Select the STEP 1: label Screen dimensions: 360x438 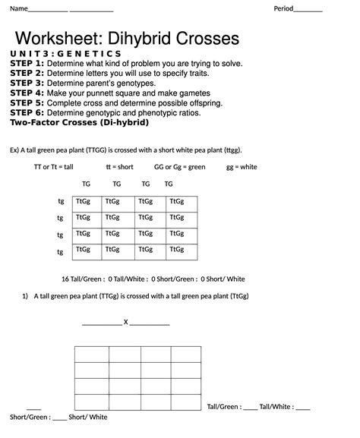point(27,64)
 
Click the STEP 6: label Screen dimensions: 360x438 point(27,112)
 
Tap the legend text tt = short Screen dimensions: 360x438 point(119,166)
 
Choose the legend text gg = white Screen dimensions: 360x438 point(242,166)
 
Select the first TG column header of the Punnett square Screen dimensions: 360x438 point(87,184)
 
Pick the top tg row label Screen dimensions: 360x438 point(61,201)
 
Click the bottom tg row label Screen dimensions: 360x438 point(61,250)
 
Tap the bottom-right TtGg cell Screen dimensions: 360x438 point(177,249)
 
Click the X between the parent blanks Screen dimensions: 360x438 point(125,322)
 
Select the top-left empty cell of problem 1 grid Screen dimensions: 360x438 point(91,354)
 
